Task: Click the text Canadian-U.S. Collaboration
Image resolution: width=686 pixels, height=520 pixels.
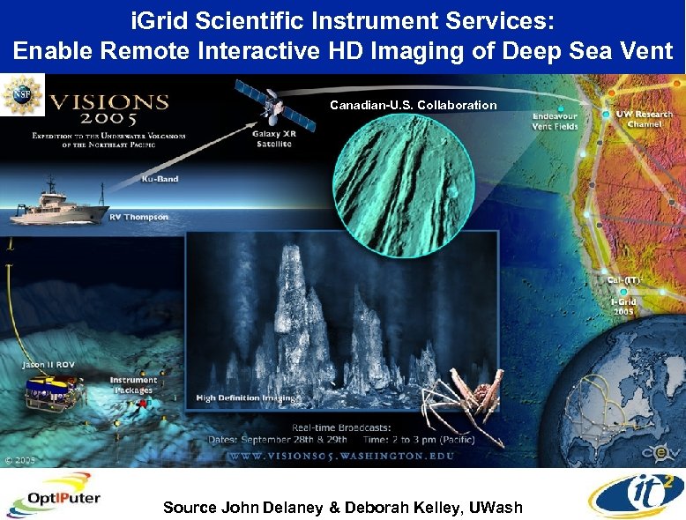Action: click(414, 105)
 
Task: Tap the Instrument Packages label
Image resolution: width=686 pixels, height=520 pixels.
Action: click(133, 385)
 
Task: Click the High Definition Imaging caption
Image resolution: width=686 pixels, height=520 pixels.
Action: click(246, 398)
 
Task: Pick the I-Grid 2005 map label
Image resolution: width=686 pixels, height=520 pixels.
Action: click(624, 306)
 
